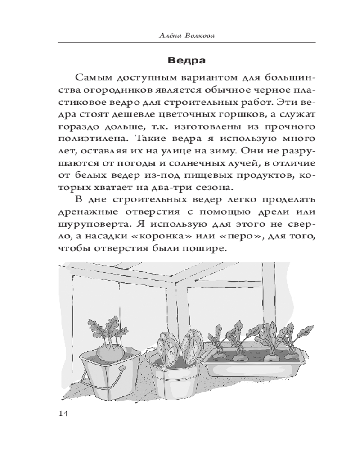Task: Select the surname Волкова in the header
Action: [x=198, y=35]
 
